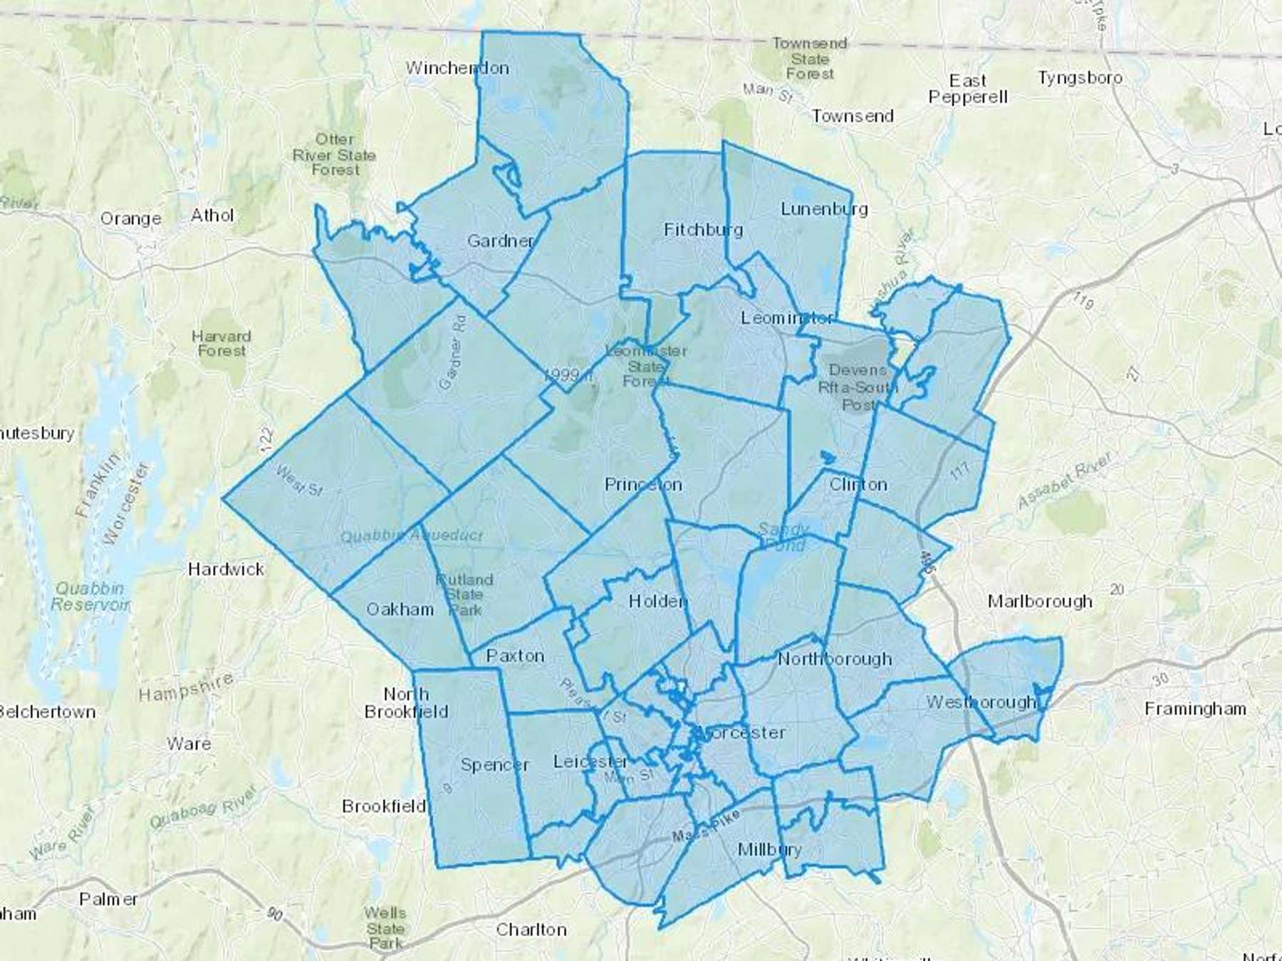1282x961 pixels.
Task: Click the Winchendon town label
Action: (457, 68)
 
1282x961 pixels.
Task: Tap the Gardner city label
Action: (500, 241)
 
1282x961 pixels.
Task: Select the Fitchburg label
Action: (703, 230)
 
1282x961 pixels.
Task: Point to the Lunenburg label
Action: (824, 209)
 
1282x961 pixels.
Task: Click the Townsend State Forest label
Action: (810, 58)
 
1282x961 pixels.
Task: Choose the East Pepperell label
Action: (968, 89)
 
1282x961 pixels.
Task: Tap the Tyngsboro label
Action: (1080, 78)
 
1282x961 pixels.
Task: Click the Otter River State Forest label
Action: (335, 154)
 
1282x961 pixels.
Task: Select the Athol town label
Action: (212, 215)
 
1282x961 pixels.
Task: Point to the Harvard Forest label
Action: (222, 343)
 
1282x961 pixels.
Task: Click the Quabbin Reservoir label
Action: (90, 597)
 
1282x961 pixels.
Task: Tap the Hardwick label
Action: (226, 569)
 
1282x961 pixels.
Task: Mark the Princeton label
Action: (643, 485)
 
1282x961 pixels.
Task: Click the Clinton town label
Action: (858, 485)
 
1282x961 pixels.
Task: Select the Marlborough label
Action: (1040, 602)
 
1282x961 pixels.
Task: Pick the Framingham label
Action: (1195, 709)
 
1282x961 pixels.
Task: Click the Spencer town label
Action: (494, 765)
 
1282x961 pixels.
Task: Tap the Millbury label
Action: (769, 849)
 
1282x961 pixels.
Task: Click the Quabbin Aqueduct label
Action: (412, 536)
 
